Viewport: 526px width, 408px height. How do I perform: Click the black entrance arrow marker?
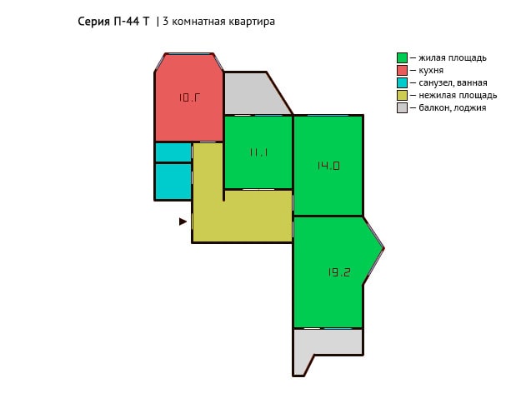tap(183, 221)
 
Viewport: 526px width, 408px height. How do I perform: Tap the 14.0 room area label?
tap(328, 166)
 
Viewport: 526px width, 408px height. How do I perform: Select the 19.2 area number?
tap(339, 272)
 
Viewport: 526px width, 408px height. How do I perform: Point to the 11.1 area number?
tap(258, 152)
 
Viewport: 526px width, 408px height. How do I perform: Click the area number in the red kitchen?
tap(189, 97)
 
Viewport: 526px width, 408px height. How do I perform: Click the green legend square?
tap(402, 57)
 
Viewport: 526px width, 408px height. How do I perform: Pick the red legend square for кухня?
tap(402, 70)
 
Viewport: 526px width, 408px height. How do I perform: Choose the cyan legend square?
tap(402, 82)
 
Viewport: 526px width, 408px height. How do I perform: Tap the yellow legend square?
tap(402, 96)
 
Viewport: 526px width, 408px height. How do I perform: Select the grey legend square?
tap(402, 108)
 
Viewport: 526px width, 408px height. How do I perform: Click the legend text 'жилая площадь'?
tap(453, 58)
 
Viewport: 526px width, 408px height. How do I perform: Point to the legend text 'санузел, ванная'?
tap(453, 82)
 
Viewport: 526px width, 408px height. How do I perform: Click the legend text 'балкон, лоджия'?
tap(453, 108)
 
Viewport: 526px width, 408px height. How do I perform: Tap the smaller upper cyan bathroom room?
tap(173, 152)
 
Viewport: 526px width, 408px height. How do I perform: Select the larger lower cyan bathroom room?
tap(173, 182)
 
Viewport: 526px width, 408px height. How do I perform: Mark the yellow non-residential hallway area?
tap(242, 216)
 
